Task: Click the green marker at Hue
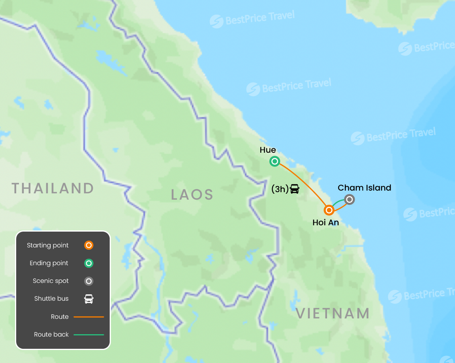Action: point(275,161)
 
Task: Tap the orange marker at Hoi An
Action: point(329,210)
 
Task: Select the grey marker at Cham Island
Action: point(349,200)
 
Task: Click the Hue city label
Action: point(268,150)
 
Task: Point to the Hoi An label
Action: point(325,223)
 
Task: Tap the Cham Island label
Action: point(364,188)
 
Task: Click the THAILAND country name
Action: point(53,188)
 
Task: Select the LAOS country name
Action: point(192,195)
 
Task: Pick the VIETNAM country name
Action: point(333,314)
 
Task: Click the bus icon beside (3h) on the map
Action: point(295,189)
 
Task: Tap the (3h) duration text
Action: point(280,189)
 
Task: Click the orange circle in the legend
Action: point(89,245)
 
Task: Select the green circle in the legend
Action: point(89,263)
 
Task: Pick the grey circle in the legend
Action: point(89,281)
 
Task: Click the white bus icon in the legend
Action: point(89,299)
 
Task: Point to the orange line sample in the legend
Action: point(89,317)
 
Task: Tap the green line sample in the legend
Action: point(89,335)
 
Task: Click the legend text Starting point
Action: point(48,245)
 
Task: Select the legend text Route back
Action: point(51,335)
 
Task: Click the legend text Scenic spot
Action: point(51,281)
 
